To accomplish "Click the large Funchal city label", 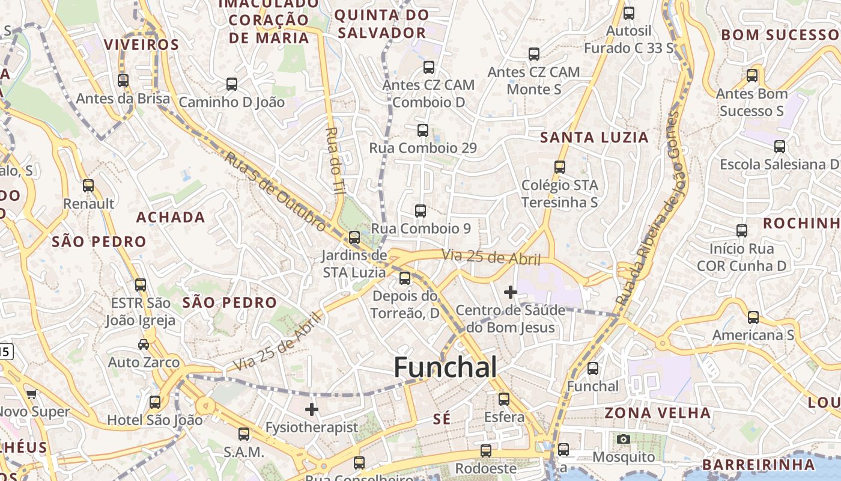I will pyautogui.click(x=445, y=367).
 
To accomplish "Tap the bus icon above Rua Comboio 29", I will pyautogui.click(x=423, y=130).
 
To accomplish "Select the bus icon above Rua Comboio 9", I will pyautogui.click(x=421, y=211).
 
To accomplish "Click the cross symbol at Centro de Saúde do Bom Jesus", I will pyautogui.click(x=511, y=292).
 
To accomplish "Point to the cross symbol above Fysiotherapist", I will pyautogui.click(x=312, y=409).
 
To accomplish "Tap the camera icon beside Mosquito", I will pyautogui.click(x=624, y=439).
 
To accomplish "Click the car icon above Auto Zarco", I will pyautogui.click(x=144, y=345).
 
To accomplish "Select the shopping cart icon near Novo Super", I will pyautogui.click(x=31, y=394).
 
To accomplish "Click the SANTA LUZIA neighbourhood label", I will pyautogui.click(x=594, y=138).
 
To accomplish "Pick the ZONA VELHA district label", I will pyautogui.click(x=657, y=413).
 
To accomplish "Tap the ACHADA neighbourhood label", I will pyautogui.click(x=171, y=217).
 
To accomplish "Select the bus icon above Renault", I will pyautogui.click(x=88, y=186).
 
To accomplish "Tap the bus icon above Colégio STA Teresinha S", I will pyautogui.click(x=560, y=167).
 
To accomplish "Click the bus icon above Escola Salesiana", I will pyautogui.click(x=780, y=146).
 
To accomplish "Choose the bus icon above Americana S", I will pyautogui.click(x=753, y=317).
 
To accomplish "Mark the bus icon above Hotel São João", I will pyautogui.click(x=155, y=402).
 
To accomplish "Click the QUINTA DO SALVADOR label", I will pyautogui.click(x=382, y=23).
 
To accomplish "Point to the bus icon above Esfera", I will pyautogui.click(x=504, y=399).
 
